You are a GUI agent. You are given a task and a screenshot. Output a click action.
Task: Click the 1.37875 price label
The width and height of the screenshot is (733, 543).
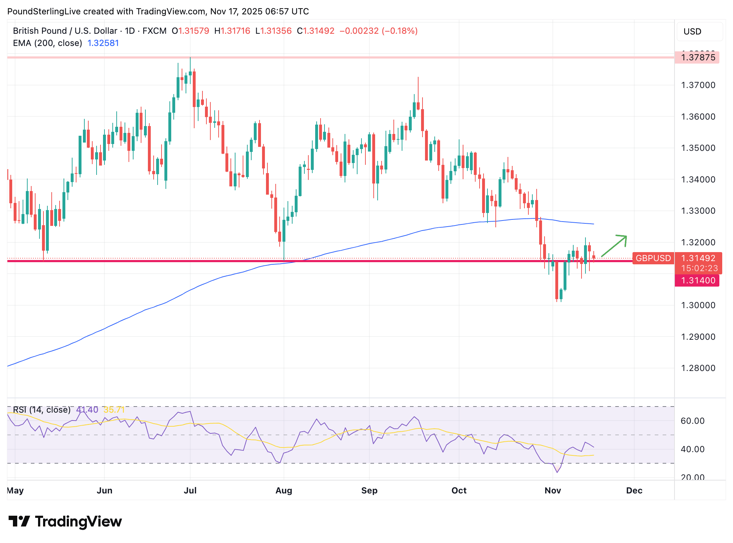697,57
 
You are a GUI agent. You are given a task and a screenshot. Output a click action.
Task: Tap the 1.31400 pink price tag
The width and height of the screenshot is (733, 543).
697,280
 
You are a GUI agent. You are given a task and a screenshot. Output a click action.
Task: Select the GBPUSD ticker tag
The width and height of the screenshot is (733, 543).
653,258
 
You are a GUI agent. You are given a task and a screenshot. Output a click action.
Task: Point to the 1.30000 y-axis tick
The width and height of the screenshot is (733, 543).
698,305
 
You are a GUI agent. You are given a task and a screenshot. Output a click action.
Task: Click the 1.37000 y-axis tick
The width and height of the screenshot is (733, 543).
698,85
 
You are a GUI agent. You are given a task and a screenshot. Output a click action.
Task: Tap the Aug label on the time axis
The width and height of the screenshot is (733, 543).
284,491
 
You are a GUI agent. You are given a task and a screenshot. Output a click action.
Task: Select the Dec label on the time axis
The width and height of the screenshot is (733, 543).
634,491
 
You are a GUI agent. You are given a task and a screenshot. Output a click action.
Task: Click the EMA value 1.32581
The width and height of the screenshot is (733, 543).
103,43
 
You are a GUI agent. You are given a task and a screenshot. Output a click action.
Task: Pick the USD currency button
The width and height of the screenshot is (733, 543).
692,32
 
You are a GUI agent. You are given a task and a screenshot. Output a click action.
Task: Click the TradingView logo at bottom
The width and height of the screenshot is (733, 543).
65,521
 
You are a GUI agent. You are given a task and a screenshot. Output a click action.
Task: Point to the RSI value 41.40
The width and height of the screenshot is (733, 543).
87,410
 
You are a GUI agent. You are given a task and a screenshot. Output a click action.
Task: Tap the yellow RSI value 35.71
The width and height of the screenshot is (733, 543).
114,410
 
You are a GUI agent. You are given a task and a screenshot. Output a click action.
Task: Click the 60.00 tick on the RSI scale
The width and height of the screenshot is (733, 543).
692,421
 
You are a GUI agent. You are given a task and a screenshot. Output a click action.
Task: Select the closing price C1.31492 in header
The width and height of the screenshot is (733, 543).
316,31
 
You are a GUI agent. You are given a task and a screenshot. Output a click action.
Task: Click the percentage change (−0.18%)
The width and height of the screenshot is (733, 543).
400,31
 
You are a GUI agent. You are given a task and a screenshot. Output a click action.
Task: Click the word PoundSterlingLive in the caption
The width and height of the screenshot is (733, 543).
44,11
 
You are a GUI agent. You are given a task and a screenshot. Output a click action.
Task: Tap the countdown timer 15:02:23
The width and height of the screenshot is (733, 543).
699,268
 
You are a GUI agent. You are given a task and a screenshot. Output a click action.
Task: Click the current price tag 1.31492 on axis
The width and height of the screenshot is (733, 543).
698,258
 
